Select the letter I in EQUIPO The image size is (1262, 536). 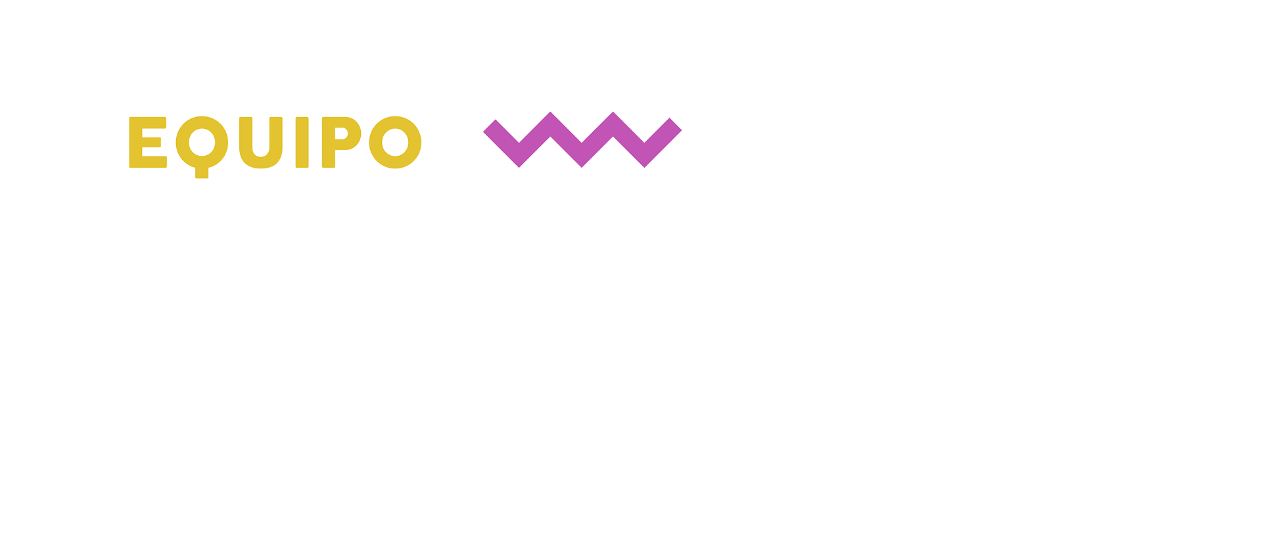tap(302, 142)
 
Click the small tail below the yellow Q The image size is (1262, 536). tap(202, 173)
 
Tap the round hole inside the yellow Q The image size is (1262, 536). tap(202, 141)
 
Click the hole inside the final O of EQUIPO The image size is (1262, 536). tap(395, 142)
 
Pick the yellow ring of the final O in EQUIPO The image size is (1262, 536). tap(377, 142)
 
